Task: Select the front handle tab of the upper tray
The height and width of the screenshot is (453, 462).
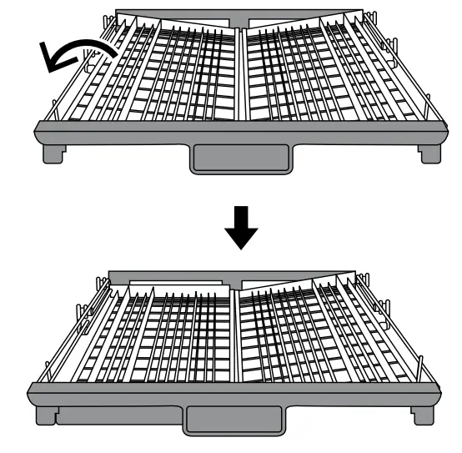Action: tap(240, 158)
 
